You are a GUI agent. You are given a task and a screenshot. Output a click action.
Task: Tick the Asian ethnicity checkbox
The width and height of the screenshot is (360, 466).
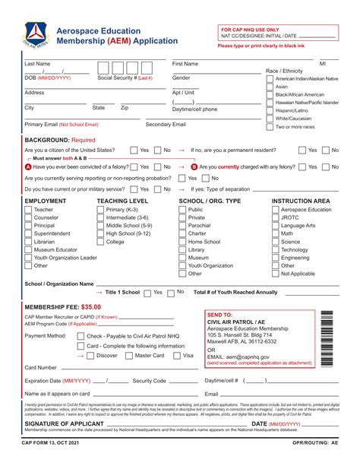pos(270,87)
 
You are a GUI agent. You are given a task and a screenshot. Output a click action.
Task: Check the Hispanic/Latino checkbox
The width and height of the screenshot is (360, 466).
pos(270,110)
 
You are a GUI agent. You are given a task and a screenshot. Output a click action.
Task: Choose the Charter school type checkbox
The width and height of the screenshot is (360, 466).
pos(182,233)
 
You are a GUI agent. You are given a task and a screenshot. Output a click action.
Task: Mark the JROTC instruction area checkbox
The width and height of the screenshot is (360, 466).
pos(276,217)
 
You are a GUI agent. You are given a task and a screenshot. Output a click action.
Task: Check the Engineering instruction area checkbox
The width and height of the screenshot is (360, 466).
pos(276,258)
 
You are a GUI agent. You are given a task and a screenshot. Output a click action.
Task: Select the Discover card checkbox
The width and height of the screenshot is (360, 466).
pos(91,355)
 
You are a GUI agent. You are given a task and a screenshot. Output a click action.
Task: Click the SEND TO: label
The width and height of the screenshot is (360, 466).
pos(219,314)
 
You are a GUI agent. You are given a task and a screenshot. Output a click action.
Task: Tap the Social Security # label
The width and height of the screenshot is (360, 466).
pos(125,78)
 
